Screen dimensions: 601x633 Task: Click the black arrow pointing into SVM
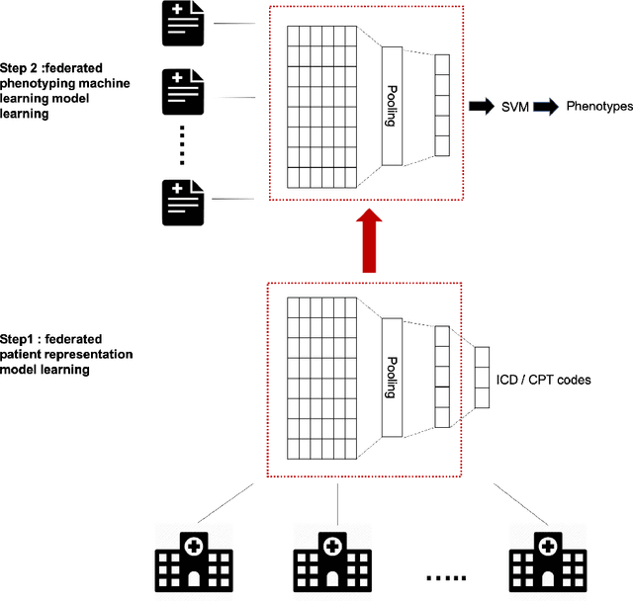(483, 105)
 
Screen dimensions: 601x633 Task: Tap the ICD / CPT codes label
(542, 379)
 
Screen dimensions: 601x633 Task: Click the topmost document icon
(182, 23)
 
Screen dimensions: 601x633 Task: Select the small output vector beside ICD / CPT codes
(482, 377)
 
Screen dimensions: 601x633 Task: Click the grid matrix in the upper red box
(321, 105)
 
